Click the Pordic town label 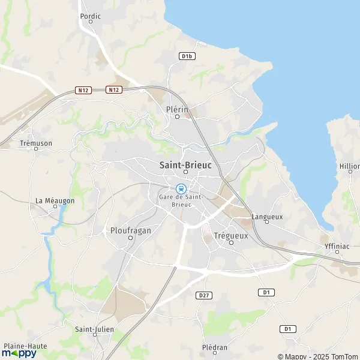(90, 16)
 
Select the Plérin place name (177, 109)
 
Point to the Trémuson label (35, 143)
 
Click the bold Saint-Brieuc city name (185, 164)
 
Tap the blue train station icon (181, 188)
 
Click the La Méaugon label (55, 200)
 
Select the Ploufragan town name (130, 230)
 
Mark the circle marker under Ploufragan (130, 238)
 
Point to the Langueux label (267, 216)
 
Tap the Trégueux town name (230, 235)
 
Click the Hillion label (350, 166)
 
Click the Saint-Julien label (94, 329)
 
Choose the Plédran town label (215, 347)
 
